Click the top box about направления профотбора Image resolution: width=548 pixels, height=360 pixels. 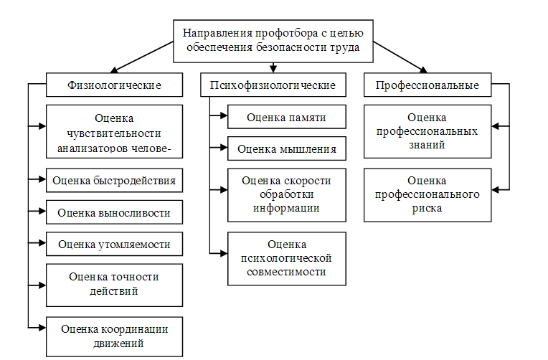point(273,41)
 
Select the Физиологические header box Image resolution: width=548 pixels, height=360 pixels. point(114,85)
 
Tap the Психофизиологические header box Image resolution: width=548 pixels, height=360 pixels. point(273,85)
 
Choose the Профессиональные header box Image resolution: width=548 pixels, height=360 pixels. point(427,85)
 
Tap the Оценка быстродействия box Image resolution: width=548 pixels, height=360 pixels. point(114,180)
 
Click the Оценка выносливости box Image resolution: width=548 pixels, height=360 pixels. point(114,212)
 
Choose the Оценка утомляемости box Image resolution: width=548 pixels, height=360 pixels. point(114,244)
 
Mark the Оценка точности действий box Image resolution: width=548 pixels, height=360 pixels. point(114,284)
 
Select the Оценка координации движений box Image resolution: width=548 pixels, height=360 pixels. point(114,335)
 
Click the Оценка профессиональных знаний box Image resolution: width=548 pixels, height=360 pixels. point(427,131)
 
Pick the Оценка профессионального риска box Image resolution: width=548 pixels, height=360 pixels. point(427,194)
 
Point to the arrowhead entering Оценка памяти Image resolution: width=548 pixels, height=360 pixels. point(223,117)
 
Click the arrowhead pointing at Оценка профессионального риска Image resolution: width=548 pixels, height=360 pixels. point(496,190)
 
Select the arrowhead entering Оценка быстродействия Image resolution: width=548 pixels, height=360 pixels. point(42,179)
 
